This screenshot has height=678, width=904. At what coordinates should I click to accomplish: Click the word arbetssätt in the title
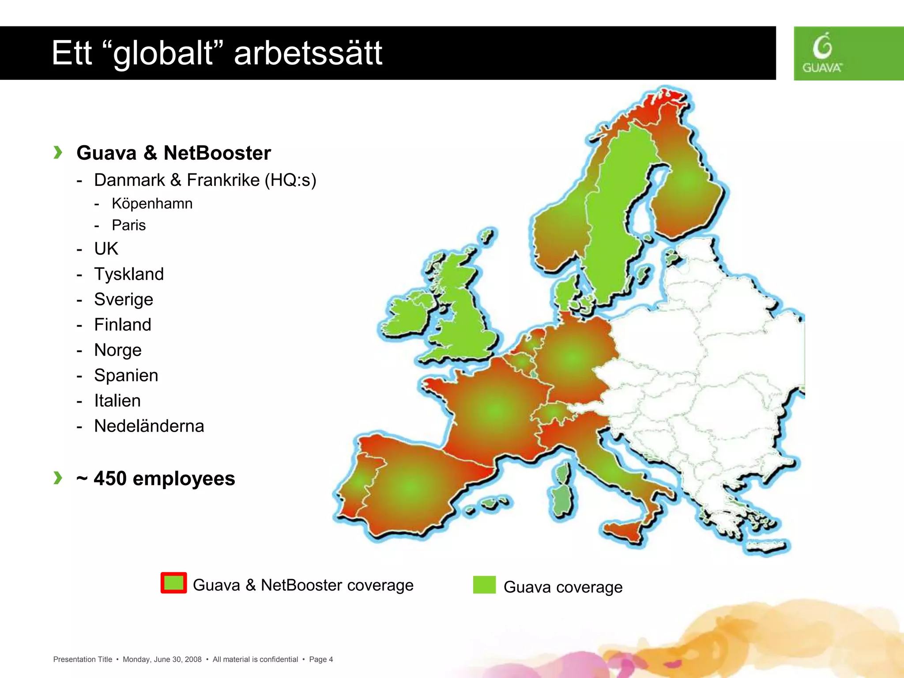coord(308,53)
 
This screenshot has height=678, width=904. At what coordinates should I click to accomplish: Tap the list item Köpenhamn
coord(152,203)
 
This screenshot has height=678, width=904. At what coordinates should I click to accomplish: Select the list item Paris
coord(128,225)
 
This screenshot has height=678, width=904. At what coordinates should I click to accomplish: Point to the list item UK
coord(106,249)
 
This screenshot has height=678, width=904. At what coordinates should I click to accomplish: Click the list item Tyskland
coord(129,274)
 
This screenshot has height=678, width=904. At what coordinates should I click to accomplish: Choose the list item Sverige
coord(124,299)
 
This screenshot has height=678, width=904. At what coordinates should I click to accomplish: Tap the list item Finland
coord(123,324)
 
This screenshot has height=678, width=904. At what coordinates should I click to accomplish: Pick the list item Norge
coord(118,350)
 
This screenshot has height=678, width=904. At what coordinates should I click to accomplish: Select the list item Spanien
coord(126,375)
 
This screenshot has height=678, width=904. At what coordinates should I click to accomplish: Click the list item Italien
coord(117,401)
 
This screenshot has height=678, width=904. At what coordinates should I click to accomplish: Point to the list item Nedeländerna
coord(149,426)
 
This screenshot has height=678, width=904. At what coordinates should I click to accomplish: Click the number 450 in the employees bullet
coord(110,478)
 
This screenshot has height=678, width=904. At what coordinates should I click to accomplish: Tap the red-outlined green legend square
coord(174,583)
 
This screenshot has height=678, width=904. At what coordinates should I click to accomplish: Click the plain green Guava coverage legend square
coord(484,585)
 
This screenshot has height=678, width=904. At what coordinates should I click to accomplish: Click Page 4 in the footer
coord(321,659)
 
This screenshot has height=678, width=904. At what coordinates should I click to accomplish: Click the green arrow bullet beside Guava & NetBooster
coord(58,152)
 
